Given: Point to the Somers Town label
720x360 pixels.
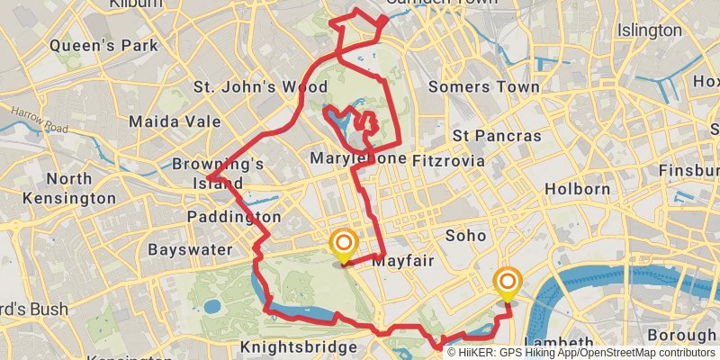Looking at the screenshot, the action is pyautogui.click(x=484, y=87).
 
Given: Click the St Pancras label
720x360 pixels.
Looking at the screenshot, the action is pyautogui.click(x=497, y=136).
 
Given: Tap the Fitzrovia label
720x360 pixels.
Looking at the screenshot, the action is pyautogui.click(x=447, y=160).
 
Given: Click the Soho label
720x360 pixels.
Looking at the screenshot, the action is pyautogui.click(x=465, y=236).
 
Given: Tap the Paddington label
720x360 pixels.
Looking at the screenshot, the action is pyautogui.click(x=234, y=217).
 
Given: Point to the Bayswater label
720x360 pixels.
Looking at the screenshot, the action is pyautogui.click(x=190, y=248).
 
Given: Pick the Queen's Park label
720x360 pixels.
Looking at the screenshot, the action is pyautogui.click(x=103, y=44).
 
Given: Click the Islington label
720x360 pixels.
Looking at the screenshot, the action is pyautogui.click(x=650, y=31).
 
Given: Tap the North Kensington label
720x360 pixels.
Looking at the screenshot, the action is pyautogui.click(x=68, y=188).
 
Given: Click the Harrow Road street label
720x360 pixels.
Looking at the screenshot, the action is pyautogui.click(x=40, y=121).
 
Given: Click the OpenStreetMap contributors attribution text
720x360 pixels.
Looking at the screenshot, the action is pyautogui.click(x=643, y=353).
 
